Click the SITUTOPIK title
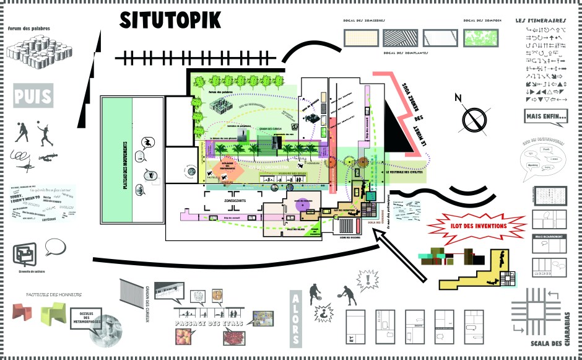(170, 20)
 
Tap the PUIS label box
(33, 97)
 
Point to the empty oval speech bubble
(55, 246)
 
